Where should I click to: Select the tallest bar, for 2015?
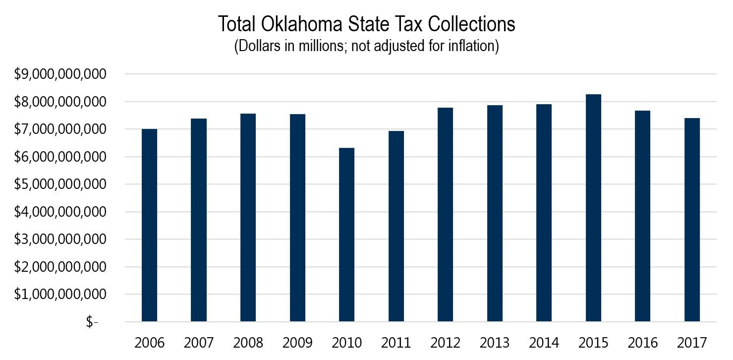tap(593, 208)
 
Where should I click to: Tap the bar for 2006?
tap(149, 225)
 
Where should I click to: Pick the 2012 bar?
tap(445, 214)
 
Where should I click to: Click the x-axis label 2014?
tap(544, 343)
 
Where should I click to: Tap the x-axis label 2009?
tap(297, 343)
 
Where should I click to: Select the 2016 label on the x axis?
tap(643, 343)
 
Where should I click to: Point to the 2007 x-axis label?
tap(199, 343)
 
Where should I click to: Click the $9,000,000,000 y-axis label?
tap(60, 74)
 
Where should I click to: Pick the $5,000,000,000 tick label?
tap(60, 184)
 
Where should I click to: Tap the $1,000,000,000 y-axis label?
tap(60, 295)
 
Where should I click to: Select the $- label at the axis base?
tap(92, 322)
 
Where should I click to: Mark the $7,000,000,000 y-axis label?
tap(60, 129)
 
